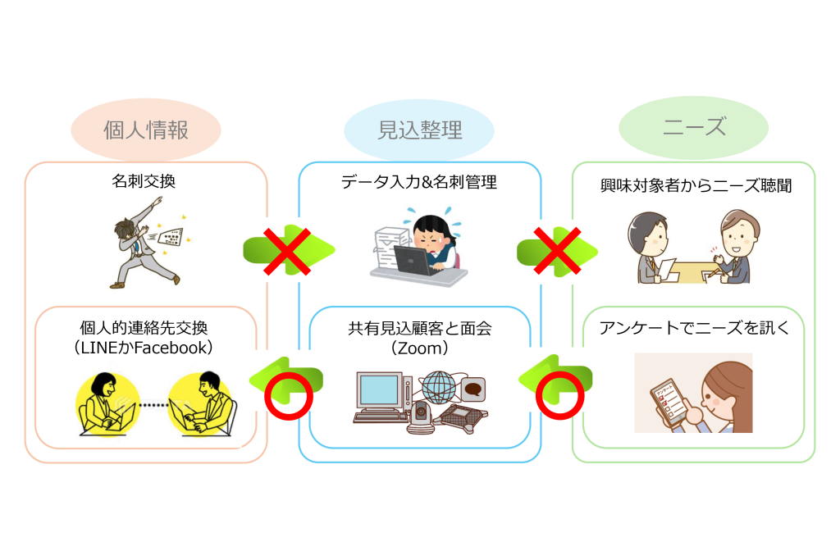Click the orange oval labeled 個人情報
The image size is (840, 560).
point(146,130)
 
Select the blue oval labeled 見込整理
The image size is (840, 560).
point(419,130)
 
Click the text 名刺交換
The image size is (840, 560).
point(144,182)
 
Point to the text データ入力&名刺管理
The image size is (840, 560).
point(419,182)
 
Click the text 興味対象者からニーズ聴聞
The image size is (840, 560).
point(694,185)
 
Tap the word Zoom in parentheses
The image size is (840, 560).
point(419,348)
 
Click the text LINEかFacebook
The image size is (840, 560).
point(144,348)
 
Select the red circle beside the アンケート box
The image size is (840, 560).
point(560,396)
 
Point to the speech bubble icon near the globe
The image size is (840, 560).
point(474,386)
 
